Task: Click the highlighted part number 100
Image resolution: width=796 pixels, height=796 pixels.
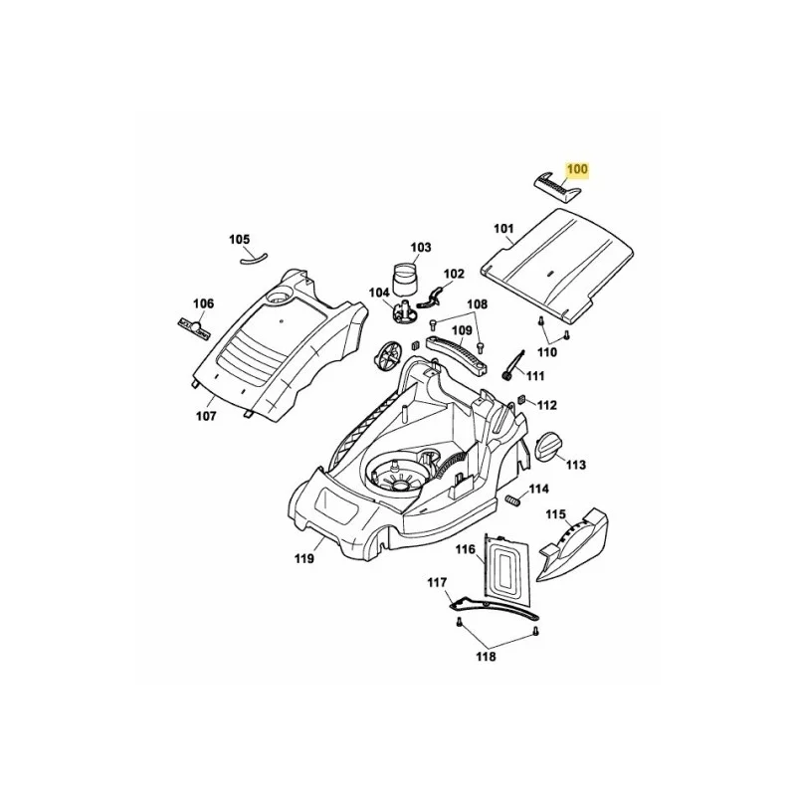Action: coord(577,169)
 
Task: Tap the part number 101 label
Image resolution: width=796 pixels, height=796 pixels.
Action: coord(503,229)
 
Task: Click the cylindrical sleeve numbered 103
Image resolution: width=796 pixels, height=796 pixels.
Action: coord(407,279)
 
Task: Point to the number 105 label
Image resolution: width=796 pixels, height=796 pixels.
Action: coord(240,240)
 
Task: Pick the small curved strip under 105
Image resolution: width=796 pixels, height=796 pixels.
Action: coord(254,259)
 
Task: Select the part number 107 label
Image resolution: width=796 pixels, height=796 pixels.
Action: coord(206,416)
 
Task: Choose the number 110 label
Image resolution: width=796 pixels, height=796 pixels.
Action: coord(546,352)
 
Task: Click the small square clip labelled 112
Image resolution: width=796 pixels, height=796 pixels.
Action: coord(520,401)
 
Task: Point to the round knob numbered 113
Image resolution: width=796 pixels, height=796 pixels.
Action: coord(549,446)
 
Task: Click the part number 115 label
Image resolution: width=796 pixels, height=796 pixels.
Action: coord(555,514)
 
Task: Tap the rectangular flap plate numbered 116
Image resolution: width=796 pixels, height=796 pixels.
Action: coord(506,563)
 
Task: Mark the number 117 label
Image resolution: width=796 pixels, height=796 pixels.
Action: coord(437,582)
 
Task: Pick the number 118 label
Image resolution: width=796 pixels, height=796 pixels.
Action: coord(486,657)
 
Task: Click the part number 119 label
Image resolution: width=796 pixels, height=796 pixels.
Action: coord(304,558)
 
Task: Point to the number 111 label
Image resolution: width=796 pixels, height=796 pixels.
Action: coord(535,376)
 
